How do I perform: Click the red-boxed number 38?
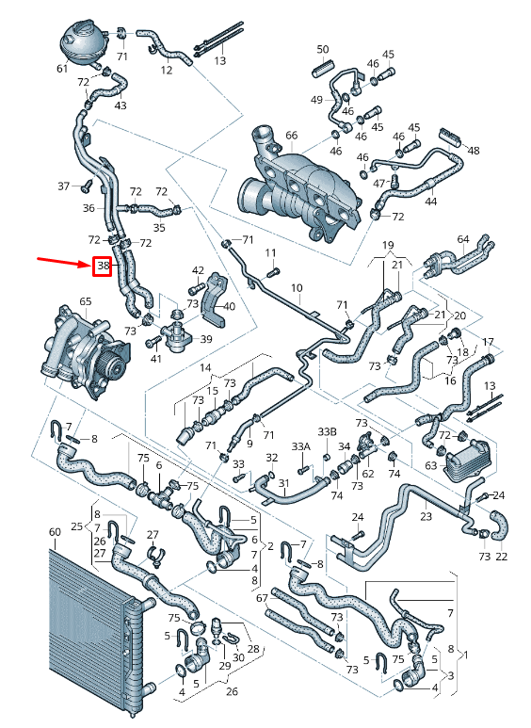click(x=103, y=267)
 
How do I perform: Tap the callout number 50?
click(x=323, y=49)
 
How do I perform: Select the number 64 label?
click(x=463, y=240)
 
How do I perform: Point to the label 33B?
click(x=327, y=432)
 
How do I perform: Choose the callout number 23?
click(x=426, y=516)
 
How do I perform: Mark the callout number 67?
click(x=263, y=598)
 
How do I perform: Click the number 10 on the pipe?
click(x=296, y=287)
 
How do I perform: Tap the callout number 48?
click(x=474, y=151)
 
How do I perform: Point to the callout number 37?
click(x=64, y=186)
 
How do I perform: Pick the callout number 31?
click(x=282, y=484)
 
